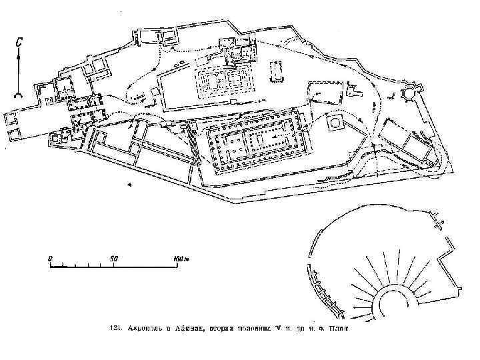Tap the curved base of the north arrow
click(20, 94)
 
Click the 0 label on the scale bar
click(49, 257)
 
